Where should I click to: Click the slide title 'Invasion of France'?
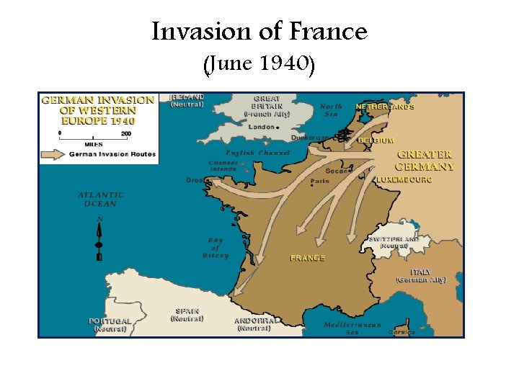(x=259, y=32)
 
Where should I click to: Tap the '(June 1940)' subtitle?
(x=259, y=66)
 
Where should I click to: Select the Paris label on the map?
(x=319, y=182)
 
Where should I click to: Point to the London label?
(x=262, y=127)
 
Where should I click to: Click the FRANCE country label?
(x=308, y=258)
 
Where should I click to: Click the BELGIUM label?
(x=376, y=140)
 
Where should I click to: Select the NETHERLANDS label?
(x=385, y=107)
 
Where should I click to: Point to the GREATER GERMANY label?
(x=426, y=161)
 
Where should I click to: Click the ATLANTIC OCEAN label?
(x=100, y=199)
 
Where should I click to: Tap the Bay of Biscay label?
(x=215, y=247)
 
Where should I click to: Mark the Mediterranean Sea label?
(x=352, y=328)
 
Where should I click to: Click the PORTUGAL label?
(x=110, y=321)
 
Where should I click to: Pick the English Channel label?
(x=257, y=153)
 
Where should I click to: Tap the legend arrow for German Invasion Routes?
(x=53, y=153)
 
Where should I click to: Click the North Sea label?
(x=331, y=110)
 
